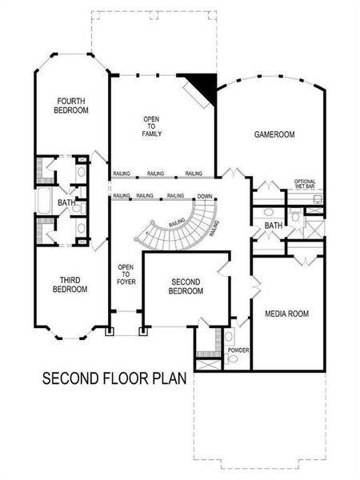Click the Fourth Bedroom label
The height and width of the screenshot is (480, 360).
72,106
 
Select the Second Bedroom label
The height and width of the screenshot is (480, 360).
186,286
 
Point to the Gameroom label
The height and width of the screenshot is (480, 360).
274,134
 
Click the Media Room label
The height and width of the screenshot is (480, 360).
287,313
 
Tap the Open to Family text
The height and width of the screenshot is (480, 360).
152,126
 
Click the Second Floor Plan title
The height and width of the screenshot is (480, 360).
114,377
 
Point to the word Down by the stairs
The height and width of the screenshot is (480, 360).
205,196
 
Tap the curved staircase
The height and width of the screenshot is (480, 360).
180,228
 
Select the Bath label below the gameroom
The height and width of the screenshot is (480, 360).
274,226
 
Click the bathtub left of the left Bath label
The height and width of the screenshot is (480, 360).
43,203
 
